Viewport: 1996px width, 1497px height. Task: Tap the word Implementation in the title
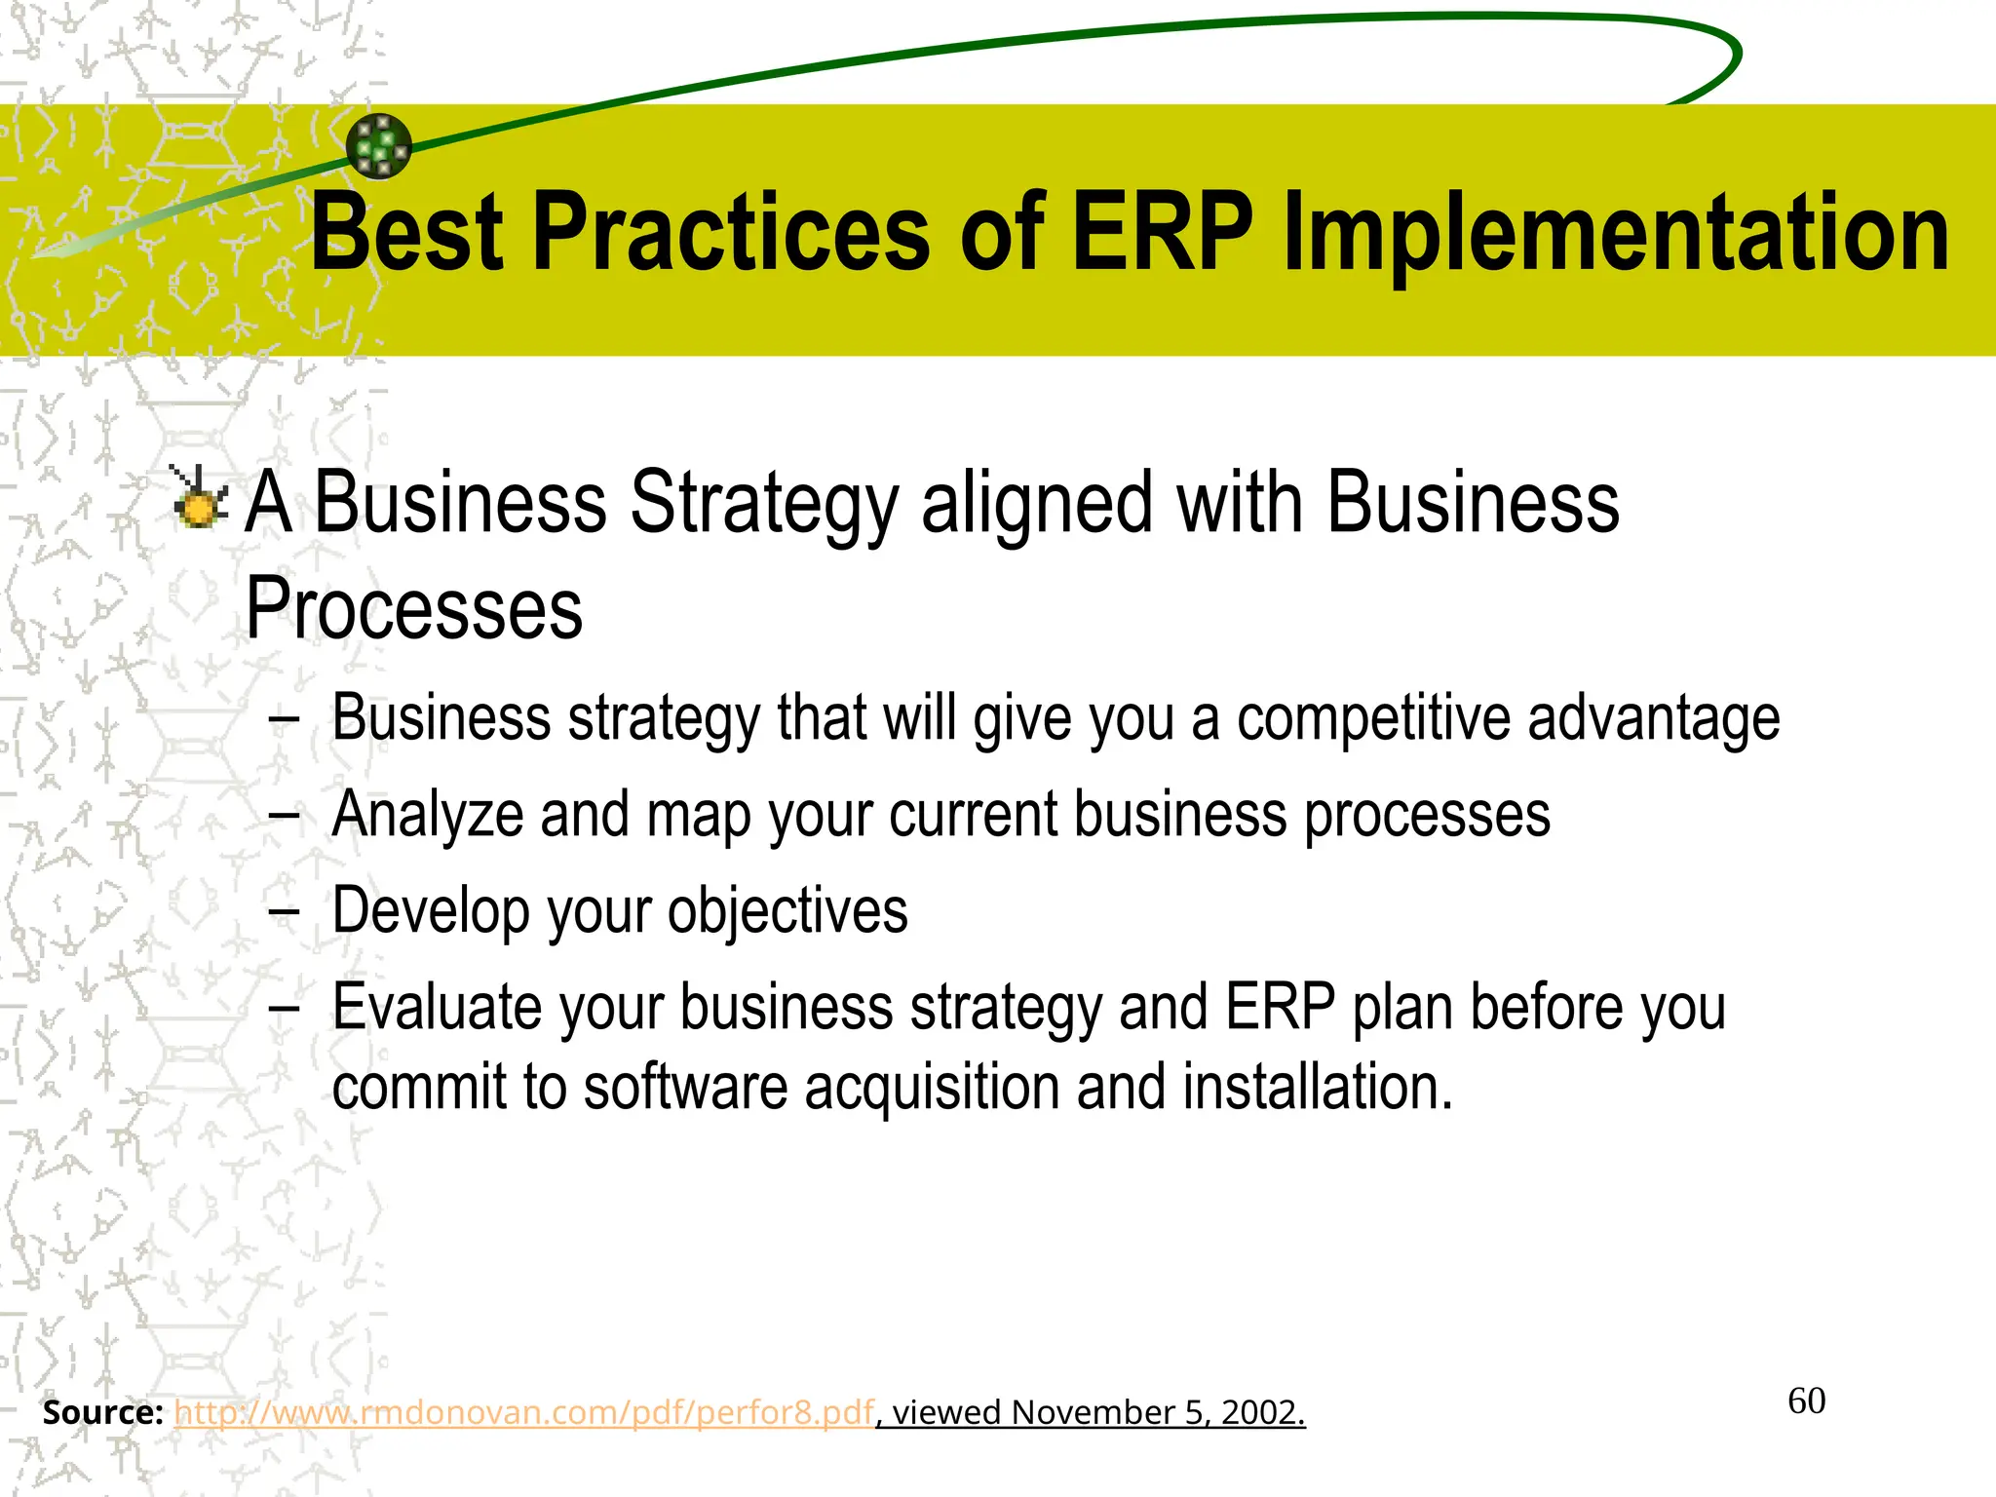click(1616, 234)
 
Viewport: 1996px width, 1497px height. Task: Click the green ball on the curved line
click(379, 146)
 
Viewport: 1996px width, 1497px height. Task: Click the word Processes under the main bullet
click(414, 609)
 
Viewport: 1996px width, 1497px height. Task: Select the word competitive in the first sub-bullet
click(1373, 719)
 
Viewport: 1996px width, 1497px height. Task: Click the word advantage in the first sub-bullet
click(1654, 719)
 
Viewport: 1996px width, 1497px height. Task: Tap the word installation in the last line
click(1318, 1088)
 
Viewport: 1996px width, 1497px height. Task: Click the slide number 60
click(1806, 1401)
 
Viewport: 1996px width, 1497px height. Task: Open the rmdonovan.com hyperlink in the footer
click(524, 1412)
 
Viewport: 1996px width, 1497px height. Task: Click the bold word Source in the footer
click(101, 1412)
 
